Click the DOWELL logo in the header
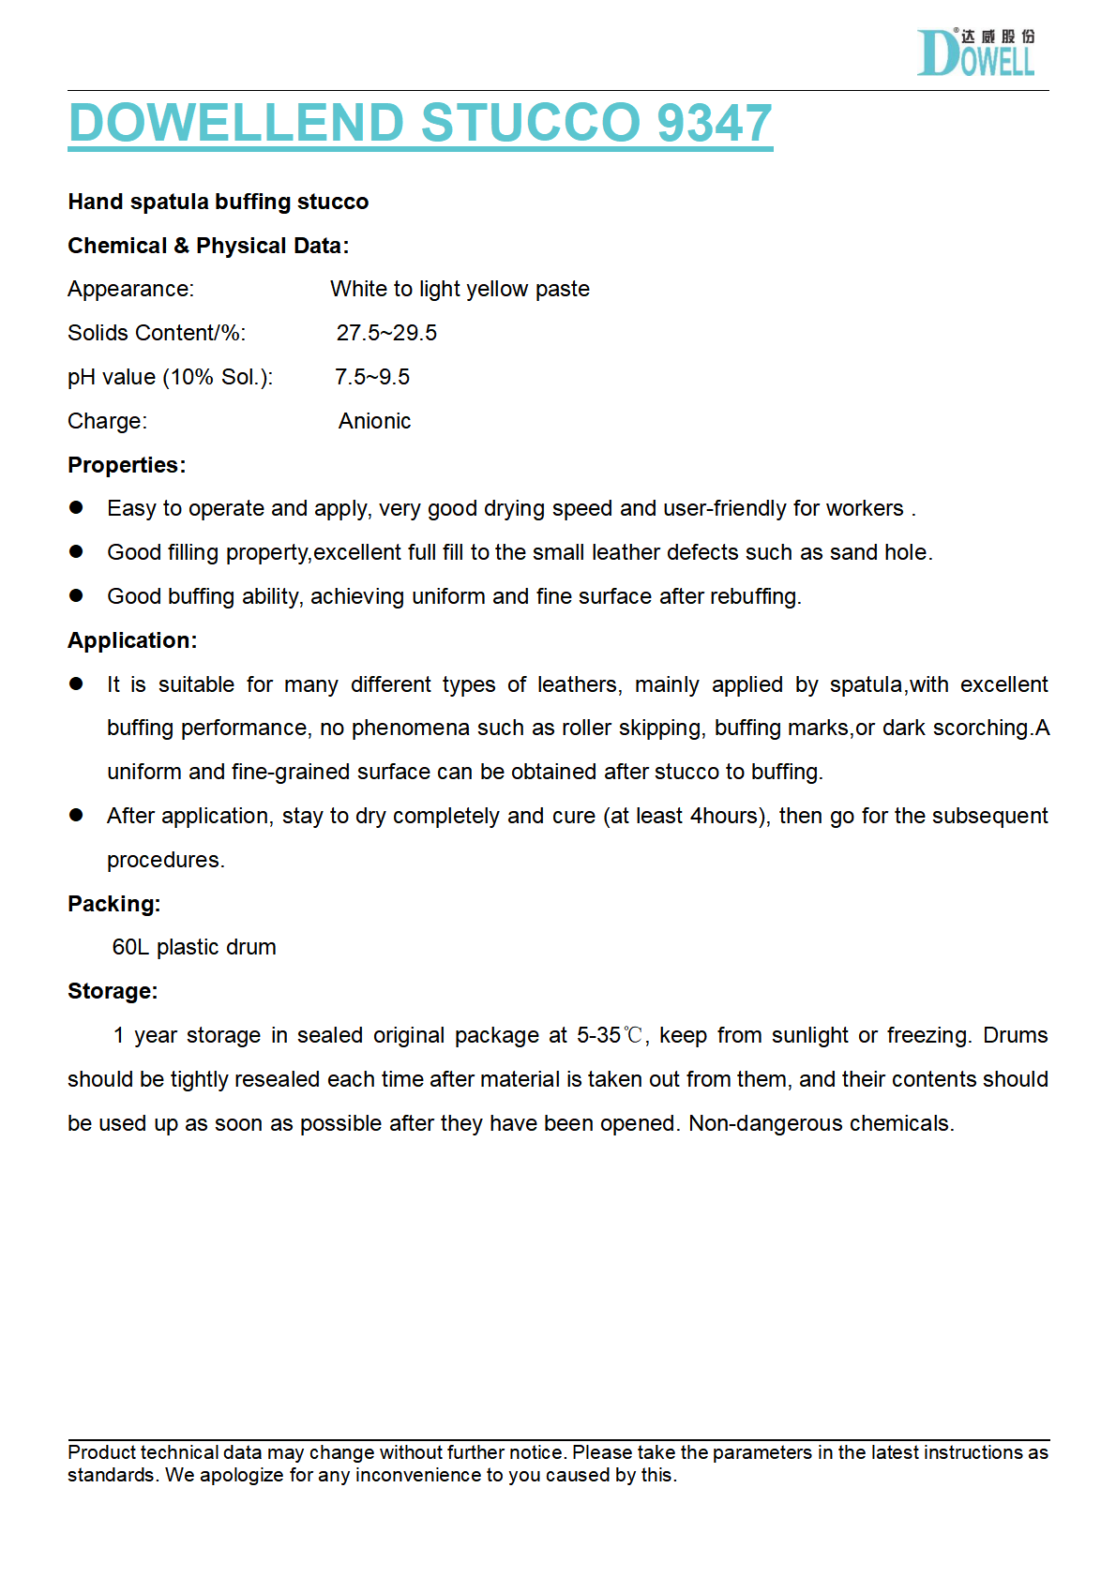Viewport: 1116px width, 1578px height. (975, 53)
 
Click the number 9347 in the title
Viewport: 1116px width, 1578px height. (715, 123)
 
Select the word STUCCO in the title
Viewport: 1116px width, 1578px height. (532, 123)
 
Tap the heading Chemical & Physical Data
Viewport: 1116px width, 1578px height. (208, 246)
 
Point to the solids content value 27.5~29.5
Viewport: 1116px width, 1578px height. (386, 333)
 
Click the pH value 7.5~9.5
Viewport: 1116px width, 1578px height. (372, 377)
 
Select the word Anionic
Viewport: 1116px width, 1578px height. (374, 421)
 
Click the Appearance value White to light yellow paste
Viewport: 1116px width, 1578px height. (460, 289)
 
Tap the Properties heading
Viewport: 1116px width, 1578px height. (127, 465)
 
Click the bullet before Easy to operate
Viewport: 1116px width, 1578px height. (77, 508)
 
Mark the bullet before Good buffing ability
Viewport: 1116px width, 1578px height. (77, 596)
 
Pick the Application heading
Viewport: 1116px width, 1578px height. (132, 640)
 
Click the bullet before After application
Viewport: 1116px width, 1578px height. (77, 816)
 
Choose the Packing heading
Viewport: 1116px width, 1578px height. (114, 904)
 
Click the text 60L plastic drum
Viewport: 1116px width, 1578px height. (194, 947)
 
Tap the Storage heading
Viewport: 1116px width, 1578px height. (113, 991)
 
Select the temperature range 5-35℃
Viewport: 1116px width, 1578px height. (610, 1035)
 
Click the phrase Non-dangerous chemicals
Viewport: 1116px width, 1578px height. (821, 1123)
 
